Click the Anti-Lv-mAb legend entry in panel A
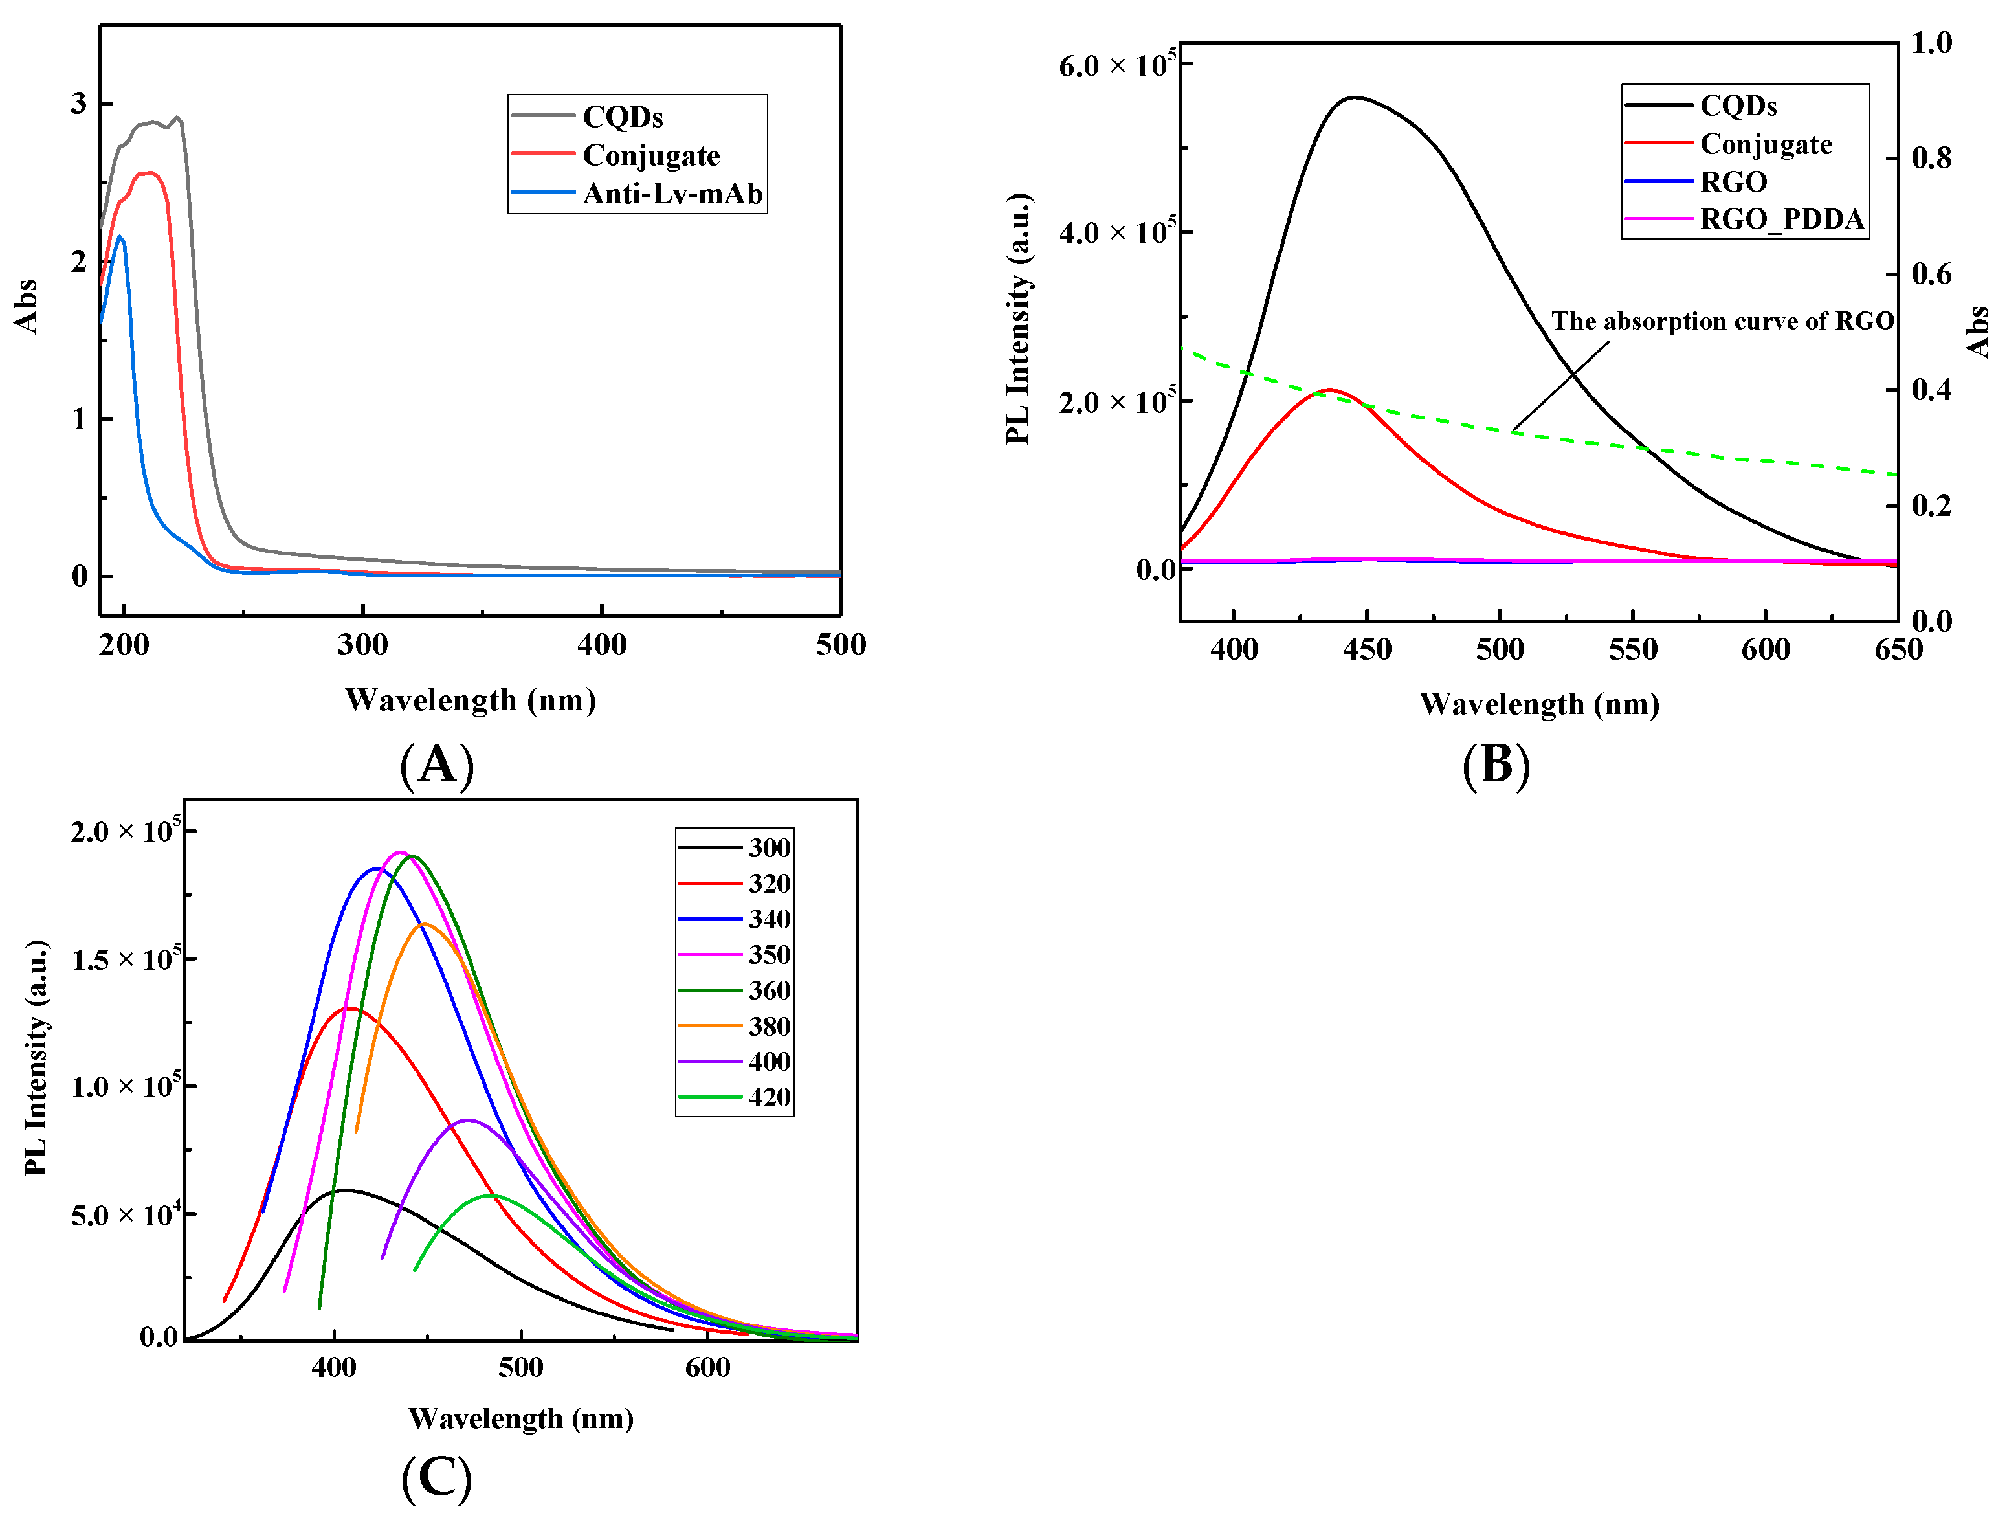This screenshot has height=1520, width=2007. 671,194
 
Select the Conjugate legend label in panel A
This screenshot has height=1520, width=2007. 650,155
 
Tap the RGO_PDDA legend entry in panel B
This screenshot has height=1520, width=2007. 1781,219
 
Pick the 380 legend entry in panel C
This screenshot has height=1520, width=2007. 768,1026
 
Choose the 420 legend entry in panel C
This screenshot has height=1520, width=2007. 768,1097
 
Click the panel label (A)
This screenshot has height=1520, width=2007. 436,764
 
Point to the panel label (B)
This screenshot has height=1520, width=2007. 1495,764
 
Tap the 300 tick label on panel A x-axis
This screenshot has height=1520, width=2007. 363,645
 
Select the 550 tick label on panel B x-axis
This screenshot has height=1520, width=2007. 1632,650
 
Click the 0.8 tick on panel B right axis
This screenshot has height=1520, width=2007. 1931,158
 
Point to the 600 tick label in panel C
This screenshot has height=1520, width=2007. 707,1367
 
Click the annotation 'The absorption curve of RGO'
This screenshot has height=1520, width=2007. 1722,321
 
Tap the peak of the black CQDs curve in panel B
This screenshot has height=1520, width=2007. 1354,97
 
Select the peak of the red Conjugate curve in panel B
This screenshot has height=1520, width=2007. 1330,390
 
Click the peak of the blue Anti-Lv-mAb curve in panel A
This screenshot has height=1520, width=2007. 120,237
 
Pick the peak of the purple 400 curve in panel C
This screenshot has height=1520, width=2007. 467,1120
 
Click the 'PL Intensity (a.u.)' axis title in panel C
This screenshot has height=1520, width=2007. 36,1058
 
